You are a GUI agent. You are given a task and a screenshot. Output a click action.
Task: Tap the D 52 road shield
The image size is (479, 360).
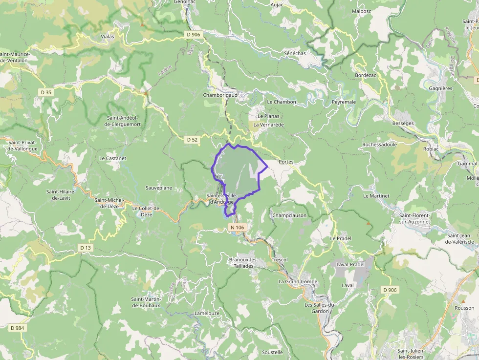click(x=193, y=140)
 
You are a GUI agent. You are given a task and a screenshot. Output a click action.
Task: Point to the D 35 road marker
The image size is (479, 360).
click(x=46, y=92)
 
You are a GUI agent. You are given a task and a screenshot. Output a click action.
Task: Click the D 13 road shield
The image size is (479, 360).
click(x=85, y=248)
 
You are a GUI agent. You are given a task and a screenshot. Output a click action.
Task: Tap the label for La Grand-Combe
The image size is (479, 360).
click(x=298, y=282)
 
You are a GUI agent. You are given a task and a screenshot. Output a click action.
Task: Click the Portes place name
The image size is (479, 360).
click(x=285, y=162)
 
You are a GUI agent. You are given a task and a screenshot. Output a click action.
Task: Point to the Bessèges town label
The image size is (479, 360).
click(x=403, y=124)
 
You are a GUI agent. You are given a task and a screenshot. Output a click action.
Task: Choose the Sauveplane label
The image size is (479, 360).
click(x=158, y=188)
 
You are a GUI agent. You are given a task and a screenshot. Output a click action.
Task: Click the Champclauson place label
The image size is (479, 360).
click(x=289, y=215)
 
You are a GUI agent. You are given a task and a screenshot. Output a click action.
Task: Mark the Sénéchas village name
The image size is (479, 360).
click(x=295, y=52)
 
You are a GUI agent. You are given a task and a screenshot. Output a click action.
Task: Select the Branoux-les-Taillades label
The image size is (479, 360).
click(x=243, y=263)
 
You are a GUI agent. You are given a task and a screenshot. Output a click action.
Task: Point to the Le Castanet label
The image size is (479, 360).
click(x=112, y=159)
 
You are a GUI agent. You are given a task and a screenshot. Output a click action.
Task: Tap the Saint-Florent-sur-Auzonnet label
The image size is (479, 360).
click(x=414, y=218)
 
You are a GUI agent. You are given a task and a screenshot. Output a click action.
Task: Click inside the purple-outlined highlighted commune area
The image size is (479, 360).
click(x=237, y=171)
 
